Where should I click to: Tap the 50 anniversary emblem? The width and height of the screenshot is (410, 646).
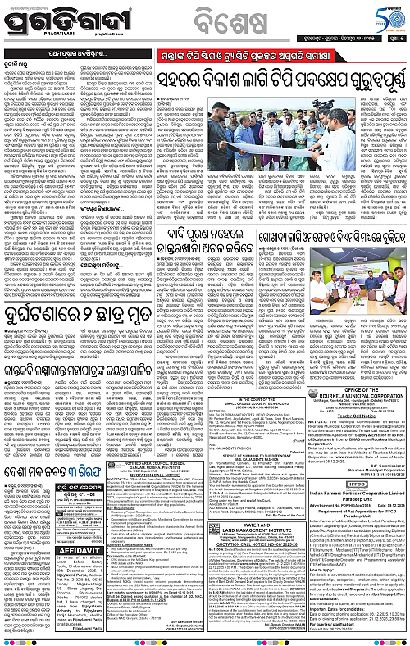(384, 18)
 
